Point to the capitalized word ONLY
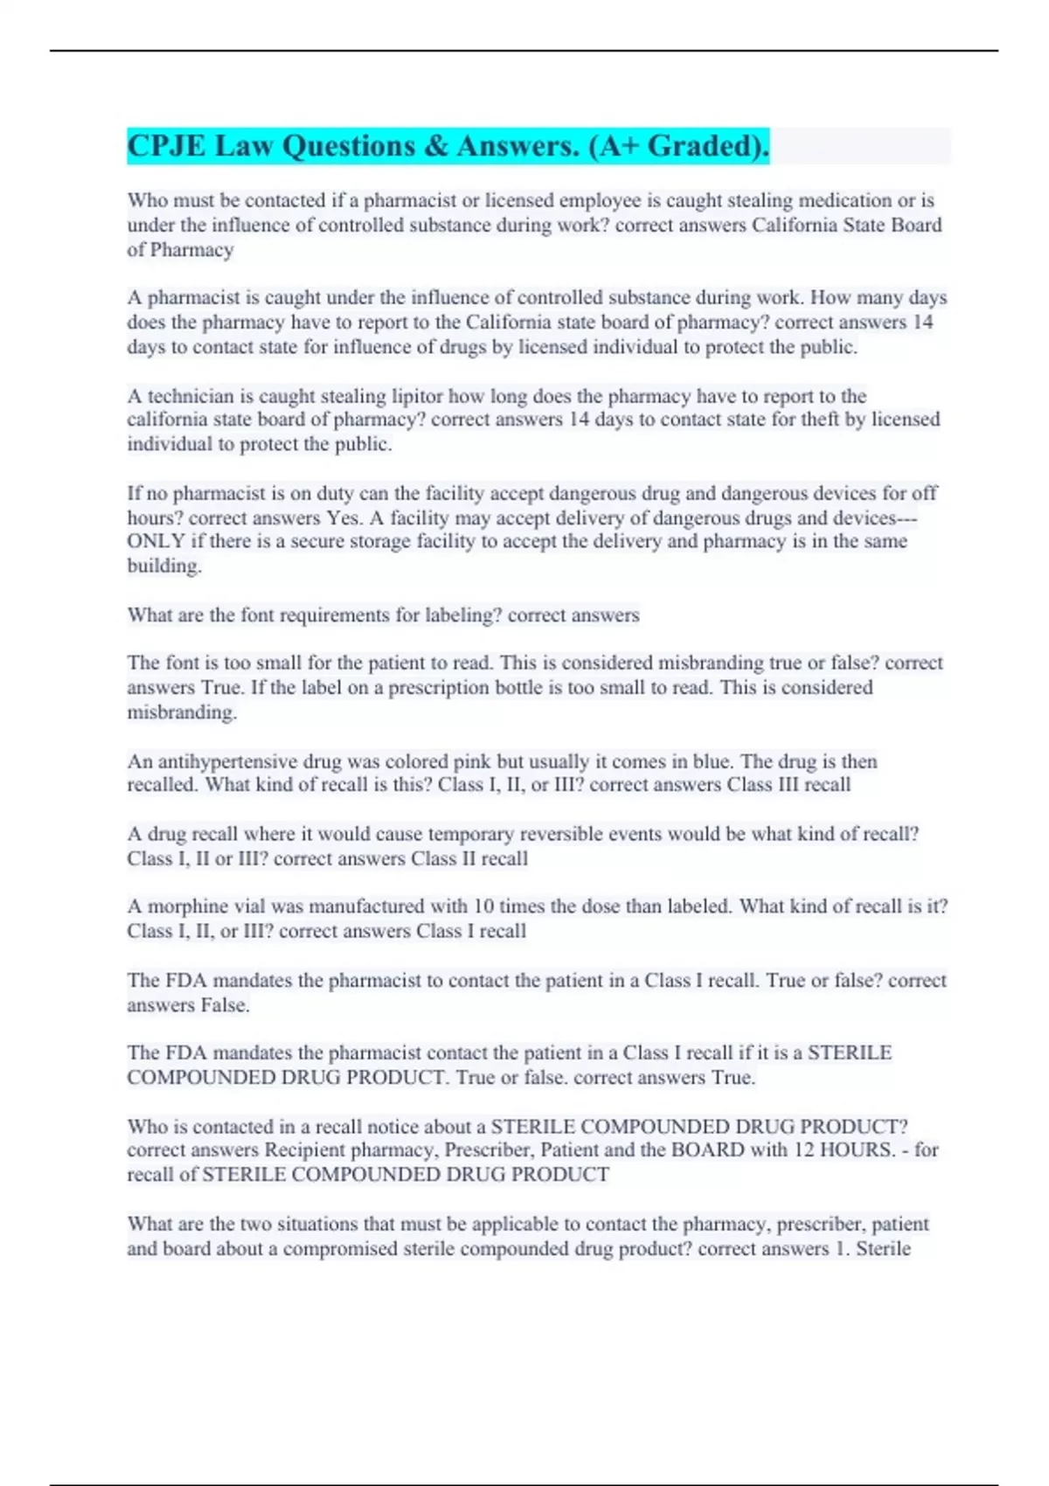click(156, 541)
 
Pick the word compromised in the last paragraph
click(340, 1248)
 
